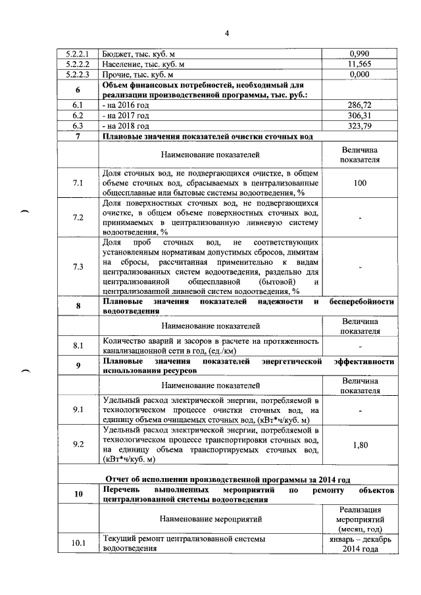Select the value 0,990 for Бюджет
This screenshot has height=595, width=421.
359,53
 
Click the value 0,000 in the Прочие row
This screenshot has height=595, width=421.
359,75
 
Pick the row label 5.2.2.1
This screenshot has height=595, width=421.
78,53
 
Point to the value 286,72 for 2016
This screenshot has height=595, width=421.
359,105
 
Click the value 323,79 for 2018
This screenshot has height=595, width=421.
359,125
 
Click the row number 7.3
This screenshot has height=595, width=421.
78,266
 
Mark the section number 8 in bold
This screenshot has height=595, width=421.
78,306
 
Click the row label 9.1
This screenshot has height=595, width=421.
78,411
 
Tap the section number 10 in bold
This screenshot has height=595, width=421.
78,496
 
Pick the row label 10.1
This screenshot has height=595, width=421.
78,544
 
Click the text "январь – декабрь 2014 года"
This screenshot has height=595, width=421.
359,544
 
